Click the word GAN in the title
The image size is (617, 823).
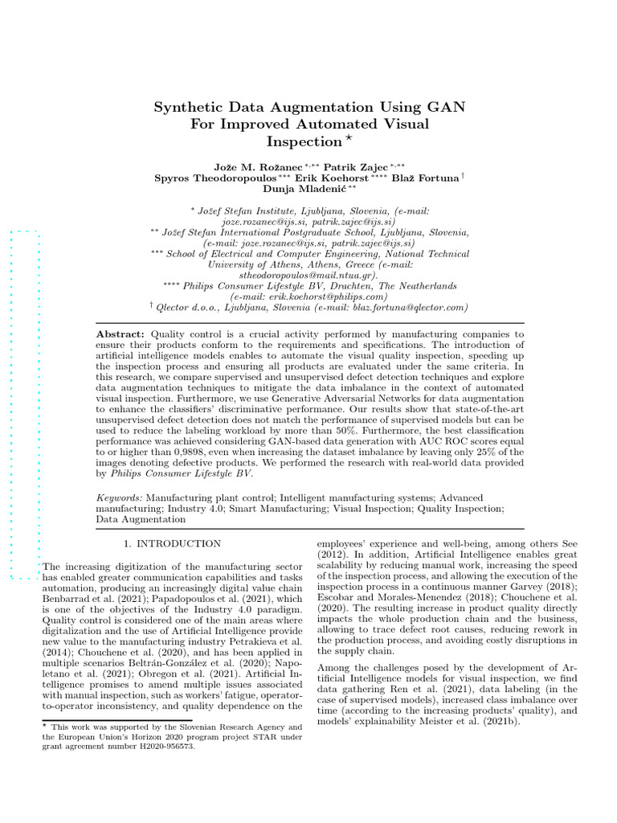pos(447,106)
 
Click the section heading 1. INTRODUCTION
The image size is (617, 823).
pos(172,544)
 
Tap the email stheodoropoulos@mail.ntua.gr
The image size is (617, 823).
pos(308,274)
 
